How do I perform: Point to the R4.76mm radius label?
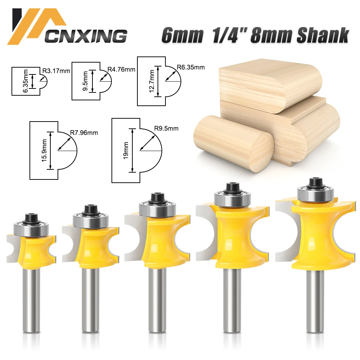coord(121,69)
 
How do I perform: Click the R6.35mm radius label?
coord(191,67)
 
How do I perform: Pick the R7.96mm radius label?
coord(84,133)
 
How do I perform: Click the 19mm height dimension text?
coord(126,151)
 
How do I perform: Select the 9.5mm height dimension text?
coord(86,81)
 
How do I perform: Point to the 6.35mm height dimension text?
coord(25,81)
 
